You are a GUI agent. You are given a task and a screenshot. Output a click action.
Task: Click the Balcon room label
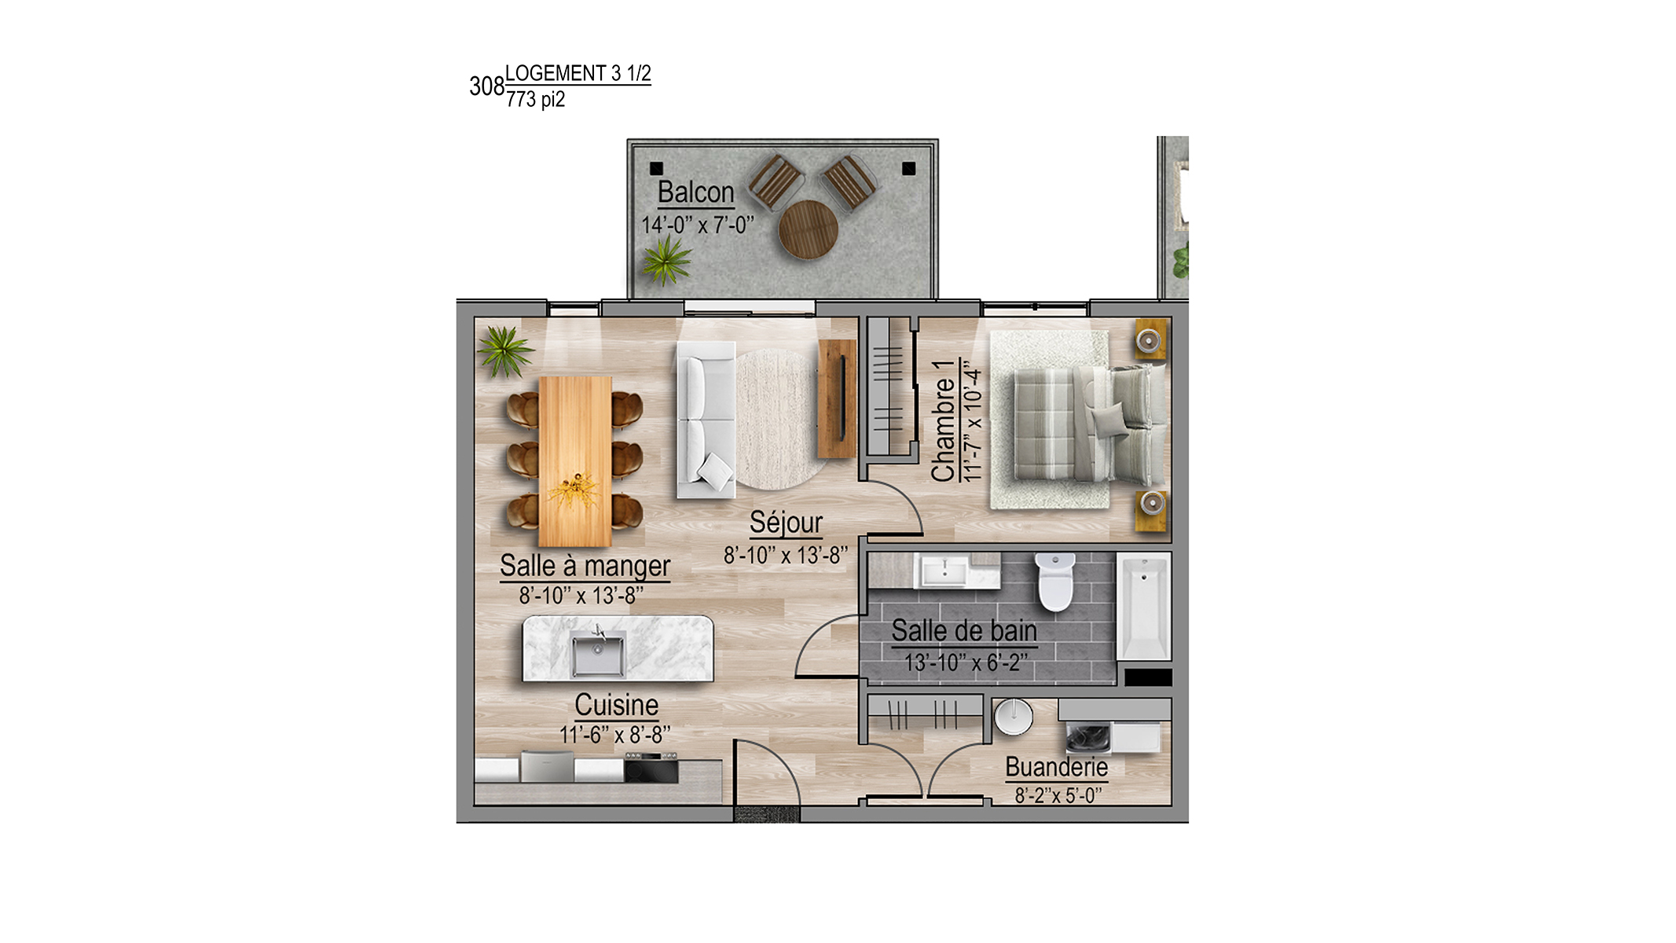coord(695,192)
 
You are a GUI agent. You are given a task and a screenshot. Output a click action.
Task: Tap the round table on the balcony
coord(809,229)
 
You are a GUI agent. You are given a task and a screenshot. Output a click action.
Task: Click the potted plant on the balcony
coord(666,260)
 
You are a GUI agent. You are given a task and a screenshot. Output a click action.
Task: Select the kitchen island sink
coord(598,655)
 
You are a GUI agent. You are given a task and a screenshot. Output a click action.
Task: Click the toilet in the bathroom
coord(1054,582)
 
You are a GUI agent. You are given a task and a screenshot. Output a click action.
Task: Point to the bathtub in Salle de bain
coord(1144,606)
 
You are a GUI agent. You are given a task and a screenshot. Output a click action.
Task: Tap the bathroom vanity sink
coord(944,571)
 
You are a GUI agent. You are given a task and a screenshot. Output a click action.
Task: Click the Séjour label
coord(786,523)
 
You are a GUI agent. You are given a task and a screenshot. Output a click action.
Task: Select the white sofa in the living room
coord(706,420)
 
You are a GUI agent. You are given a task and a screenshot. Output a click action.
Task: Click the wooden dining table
coord(575,461)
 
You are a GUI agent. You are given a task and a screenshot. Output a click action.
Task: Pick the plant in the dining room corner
coord(505,351)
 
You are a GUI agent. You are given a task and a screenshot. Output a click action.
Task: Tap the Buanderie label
coord(1057,767)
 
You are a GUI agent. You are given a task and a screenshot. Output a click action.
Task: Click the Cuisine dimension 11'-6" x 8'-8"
coord(614,735)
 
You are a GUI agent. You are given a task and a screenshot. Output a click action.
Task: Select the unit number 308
coord(486,86)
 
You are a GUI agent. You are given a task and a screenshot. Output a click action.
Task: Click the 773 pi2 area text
coord(536,100)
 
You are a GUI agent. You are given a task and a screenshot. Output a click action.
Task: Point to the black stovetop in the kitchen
coord(651,768)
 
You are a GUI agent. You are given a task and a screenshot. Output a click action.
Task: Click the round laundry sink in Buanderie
coord(1014,717)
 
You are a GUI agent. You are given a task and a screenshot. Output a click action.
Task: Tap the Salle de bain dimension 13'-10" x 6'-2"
coord(966,663)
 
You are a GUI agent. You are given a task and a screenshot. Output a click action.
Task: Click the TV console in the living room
coord(837,398)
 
